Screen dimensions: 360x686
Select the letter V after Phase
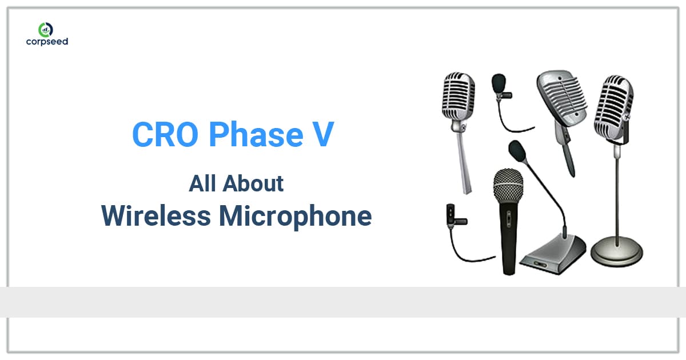[323, 134]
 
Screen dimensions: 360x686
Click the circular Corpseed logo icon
[46, 29]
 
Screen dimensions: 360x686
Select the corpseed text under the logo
[47, 42]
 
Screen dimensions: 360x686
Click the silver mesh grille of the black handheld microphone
[508, 184]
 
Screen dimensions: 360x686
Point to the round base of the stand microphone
[617, 252]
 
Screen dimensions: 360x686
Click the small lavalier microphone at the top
[499, 85]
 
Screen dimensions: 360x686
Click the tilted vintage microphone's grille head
[561, 97]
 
